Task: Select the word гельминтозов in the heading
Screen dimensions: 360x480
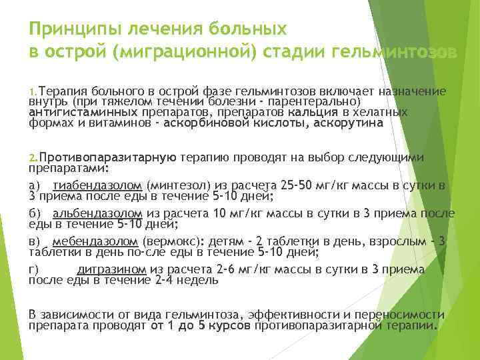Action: (391, 51)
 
